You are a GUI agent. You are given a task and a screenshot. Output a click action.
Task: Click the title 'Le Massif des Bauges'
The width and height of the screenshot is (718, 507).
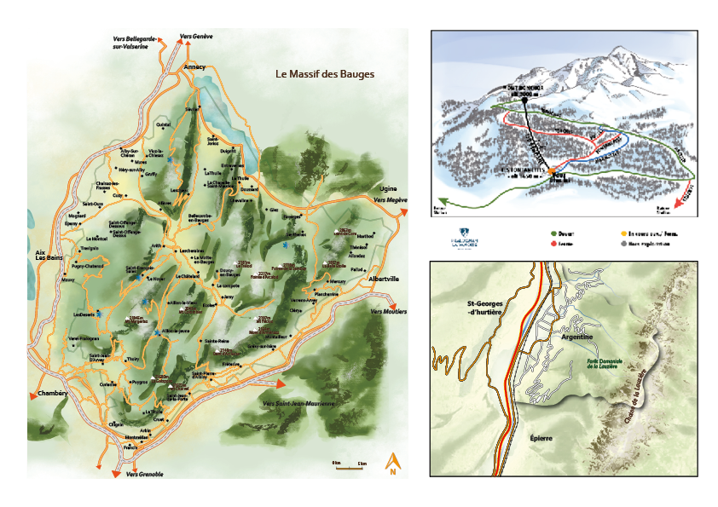[x=324, y=74]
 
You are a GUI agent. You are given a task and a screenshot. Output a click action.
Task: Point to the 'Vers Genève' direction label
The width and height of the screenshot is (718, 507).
[x=196, y=37]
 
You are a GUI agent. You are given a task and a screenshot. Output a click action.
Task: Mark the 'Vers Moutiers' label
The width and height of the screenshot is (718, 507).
[x=388, y=312]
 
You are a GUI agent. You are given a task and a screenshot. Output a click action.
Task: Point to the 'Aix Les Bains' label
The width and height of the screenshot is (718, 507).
[x=40, y=257]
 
